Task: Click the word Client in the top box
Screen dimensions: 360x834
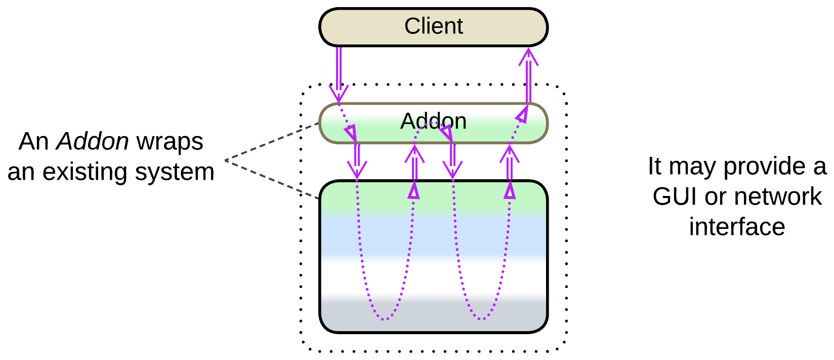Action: point(433,26)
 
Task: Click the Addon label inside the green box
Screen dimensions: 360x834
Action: point(433,122)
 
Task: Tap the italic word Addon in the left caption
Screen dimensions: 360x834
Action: point(93,141)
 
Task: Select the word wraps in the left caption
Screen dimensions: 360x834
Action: point(170,142)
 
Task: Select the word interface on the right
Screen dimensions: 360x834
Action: point(737,226)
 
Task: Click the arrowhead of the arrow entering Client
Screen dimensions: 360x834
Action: point(528,56)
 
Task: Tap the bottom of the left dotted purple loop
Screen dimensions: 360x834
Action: point(385,319)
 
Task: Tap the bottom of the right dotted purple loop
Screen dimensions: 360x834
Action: point(481,319)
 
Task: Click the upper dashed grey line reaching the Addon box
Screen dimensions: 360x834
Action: point(273,141)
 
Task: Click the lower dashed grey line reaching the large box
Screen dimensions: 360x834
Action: point(273,179)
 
